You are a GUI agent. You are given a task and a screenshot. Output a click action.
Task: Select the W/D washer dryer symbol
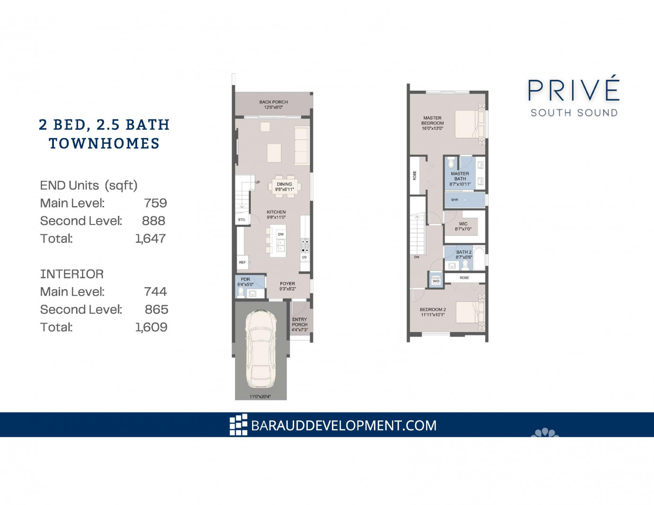click(436, 281)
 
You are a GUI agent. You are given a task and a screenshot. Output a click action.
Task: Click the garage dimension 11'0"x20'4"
click(260, 396)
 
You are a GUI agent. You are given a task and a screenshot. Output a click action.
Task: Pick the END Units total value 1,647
click(150, 239)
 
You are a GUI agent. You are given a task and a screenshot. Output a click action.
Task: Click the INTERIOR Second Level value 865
click(156, 309)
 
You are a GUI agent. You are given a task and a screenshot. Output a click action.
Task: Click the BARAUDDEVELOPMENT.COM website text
click(344, 426)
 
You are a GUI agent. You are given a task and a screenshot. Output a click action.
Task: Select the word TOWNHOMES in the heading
click(104, 143)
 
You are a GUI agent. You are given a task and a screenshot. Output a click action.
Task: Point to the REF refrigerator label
click(242, 262)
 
